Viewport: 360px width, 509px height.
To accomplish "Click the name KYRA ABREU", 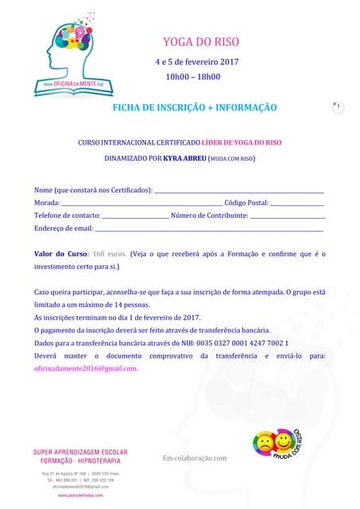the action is (184, 158).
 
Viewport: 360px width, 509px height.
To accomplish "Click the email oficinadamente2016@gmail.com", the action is (87, 368).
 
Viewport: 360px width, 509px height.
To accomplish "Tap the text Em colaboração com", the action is (195, 457).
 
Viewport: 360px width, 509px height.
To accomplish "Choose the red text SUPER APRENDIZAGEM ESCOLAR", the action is (80, 452).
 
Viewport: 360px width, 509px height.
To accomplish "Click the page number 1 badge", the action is (338, 106).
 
